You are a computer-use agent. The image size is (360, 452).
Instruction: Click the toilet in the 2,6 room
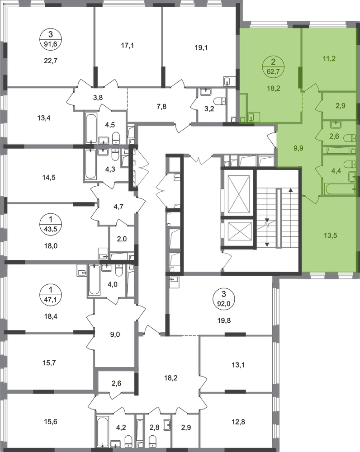[350, 137]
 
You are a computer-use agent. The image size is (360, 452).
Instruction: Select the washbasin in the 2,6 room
[336, 124]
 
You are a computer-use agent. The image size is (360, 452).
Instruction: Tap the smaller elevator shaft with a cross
[238, 232]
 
